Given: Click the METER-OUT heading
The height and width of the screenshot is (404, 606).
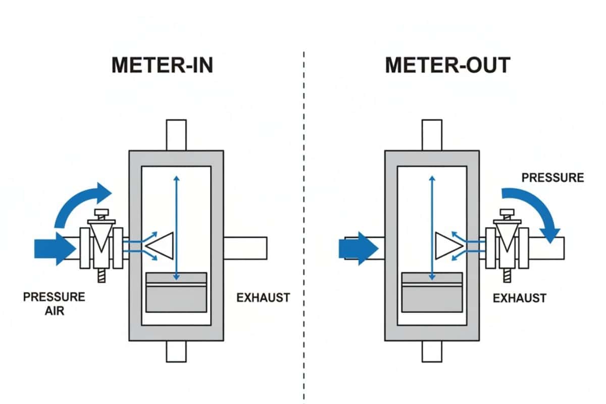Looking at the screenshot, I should [x=447, y=66].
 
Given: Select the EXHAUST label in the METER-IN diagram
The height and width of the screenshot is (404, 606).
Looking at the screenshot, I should [x=263, y=297].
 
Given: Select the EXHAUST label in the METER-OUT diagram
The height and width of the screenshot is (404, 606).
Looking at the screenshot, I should [x=520, y=298].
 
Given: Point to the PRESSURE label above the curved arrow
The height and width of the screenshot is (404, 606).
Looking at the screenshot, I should [x=552, y=178].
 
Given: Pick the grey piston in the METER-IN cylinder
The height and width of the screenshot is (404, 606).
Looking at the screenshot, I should [x=176, y=292].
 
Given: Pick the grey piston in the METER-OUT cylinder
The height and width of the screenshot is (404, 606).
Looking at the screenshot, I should [x=432, y=292].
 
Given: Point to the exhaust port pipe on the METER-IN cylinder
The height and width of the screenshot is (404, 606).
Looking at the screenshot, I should [x=245, y=247].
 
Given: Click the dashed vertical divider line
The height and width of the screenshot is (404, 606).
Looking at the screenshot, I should [x=304, y=227].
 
